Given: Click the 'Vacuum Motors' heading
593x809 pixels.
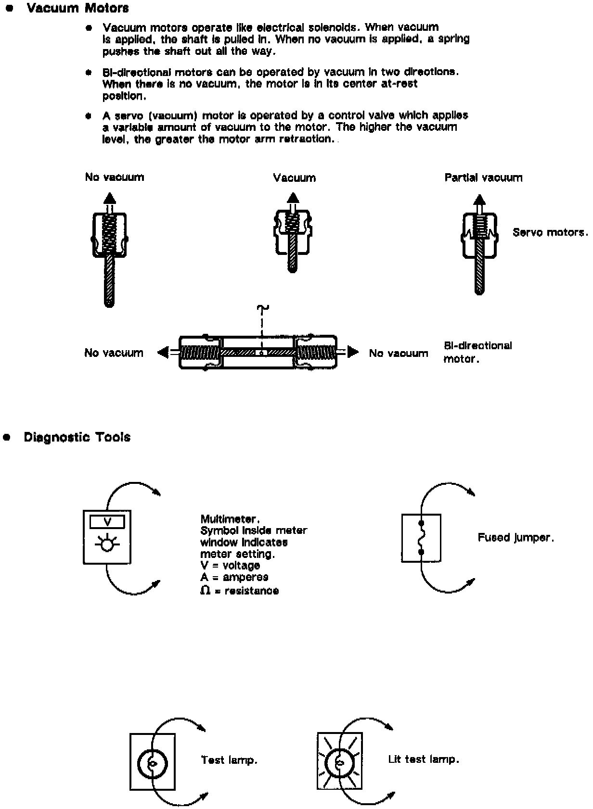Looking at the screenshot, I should [77, 8].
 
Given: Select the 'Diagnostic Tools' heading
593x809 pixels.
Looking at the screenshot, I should [77, 437].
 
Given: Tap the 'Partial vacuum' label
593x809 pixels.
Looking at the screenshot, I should [483, 177].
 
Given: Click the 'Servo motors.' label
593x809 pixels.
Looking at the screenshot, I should [550, 232].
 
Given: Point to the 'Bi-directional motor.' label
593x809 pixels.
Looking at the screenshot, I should [477, 352].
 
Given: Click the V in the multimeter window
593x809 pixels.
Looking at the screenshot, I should [107, 522].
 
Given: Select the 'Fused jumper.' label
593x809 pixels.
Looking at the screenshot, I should [516, 537].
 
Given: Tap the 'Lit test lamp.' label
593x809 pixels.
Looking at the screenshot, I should [424, 759].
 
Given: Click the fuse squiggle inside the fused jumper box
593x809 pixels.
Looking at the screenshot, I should [421, 538].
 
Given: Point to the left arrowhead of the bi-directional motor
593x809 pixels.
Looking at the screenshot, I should [163, 353].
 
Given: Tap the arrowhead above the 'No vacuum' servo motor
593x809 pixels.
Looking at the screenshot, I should [110, 198].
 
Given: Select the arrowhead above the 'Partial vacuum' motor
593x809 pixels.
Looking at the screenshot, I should [479, 200].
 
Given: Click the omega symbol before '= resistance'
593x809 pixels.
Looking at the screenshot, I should [206, 590].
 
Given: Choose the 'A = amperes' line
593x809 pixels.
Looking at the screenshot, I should [234, 577].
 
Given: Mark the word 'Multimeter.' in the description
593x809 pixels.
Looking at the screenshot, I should [230, 519].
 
